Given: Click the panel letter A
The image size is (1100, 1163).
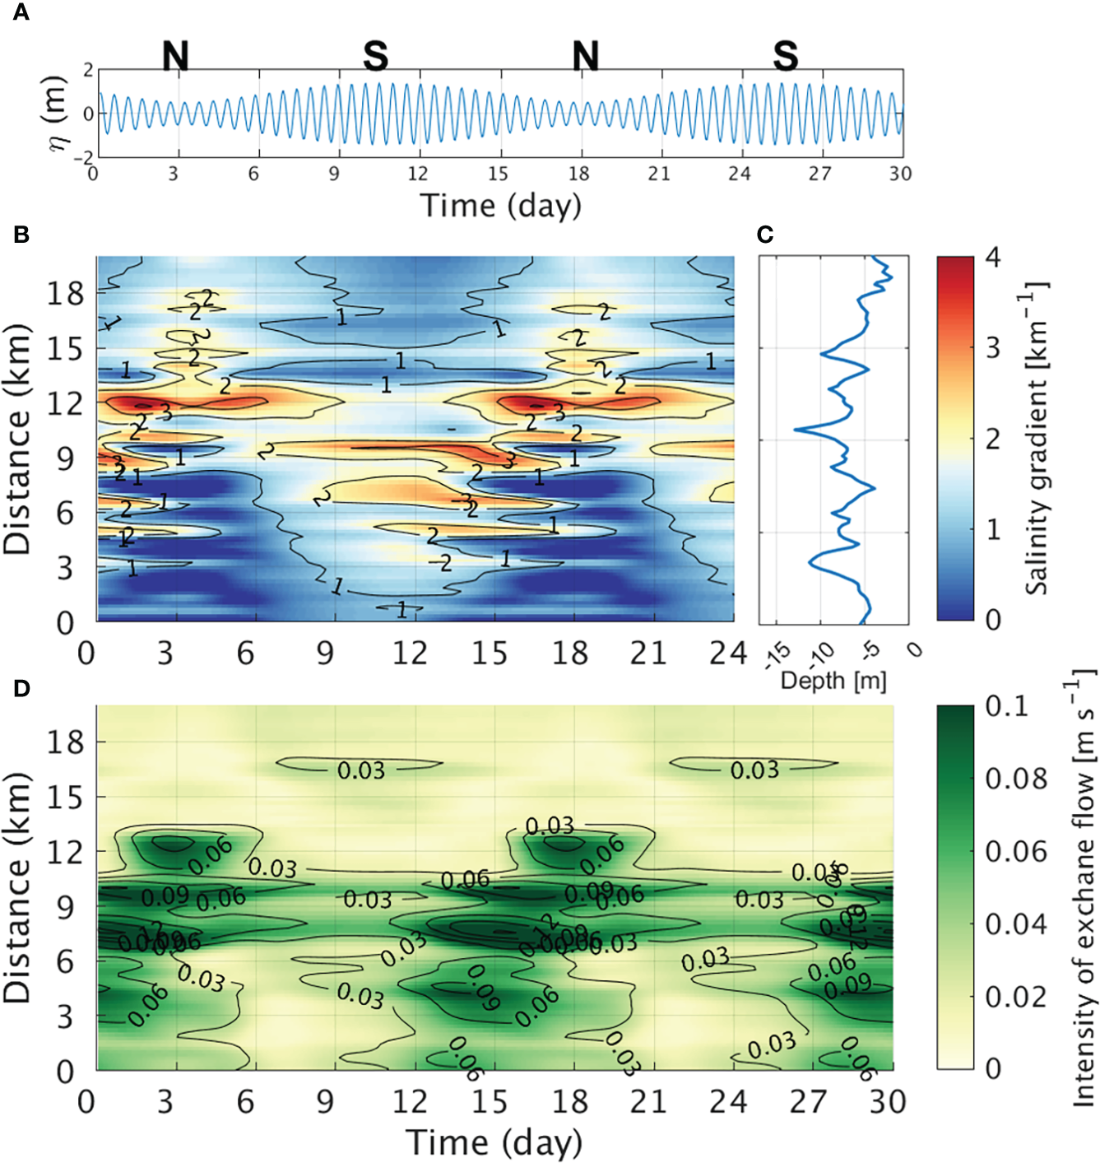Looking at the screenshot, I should click(21, 12).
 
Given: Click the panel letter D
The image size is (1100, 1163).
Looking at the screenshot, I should click(21, 688).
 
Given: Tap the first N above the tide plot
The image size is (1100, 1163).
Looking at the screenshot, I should click(175, 56).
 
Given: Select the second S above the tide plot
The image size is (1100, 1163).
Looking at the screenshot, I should click(785, 56).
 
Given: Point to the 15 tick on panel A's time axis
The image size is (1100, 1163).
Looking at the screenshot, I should click(498, 174).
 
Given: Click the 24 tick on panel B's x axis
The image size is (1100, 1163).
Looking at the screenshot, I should click(727, 653).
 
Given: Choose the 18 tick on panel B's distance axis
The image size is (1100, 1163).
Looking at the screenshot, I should click(64, 292).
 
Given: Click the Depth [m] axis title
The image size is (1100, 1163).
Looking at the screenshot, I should click(833, 681).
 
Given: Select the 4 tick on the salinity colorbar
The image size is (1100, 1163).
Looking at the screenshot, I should click(993, 258).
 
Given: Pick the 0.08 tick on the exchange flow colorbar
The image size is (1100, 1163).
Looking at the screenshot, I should click(1016, 778).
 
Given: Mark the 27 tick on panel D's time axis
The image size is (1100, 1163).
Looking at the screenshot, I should click(808, 1102).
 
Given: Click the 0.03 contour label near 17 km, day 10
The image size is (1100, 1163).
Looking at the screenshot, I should click(361, 770).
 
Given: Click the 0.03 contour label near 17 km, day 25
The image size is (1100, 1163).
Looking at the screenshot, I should click(754, 770).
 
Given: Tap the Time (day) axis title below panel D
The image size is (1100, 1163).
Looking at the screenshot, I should click(494, 1142).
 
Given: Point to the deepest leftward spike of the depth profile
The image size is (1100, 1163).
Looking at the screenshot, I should click(796, 430).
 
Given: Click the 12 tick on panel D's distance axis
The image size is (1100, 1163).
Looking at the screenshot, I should click(64, 852).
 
